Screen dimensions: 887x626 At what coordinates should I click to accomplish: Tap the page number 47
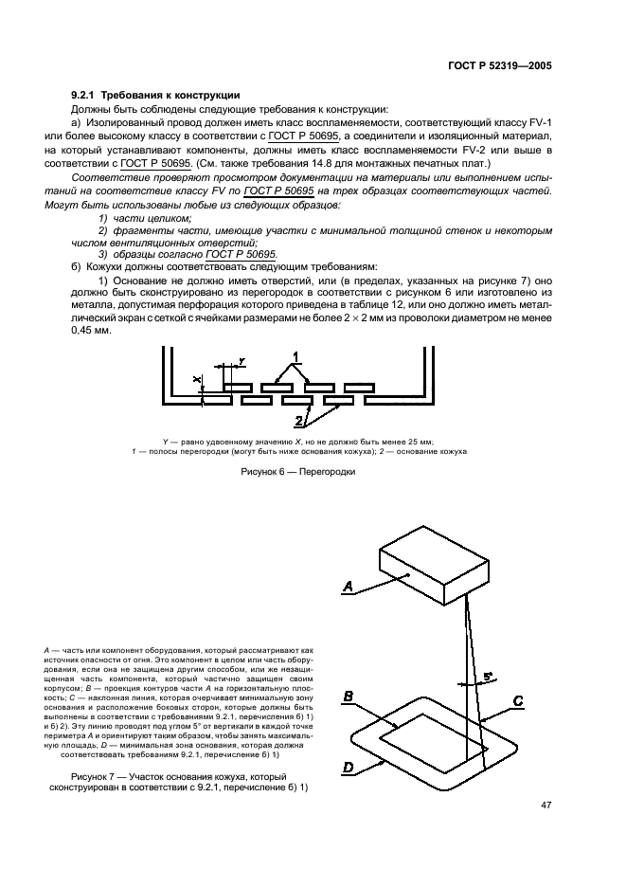click(546, 806)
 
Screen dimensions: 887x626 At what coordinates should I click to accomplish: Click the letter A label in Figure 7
click(348, 588)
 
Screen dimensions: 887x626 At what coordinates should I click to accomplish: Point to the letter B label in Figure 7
click(349, 697)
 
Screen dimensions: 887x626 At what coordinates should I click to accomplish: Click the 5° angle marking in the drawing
click(489, 678)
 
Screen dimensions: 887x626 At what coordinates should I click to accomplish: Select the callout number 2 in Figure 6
click(297, 420)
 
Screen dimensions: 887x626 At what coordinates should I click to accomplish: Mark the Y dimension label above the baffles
click(242, 361)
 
